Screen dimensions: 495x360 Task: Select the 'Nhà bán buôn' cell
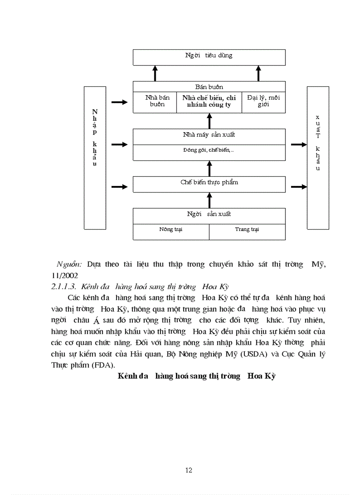point(154,101)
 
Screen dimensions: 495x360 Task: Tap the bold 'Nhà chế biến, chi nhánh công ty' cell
point(209,101)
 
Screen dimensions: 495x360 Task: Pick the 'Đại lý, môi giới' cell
point(263,101)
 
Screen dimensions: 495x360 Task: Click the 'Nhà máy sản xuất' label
point(209,135)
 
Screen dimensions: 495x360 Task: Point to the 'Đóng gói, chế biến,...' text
point(209,150)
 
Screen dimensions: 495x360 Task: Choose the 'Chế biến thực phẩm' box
point(209,182)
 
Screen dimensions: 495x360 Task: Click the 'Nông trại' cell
point(171,230)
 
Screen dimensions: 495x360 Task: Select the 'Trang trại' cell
point(247,230)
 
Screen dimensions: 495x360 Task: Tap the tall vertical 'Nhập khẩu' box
point(95,158)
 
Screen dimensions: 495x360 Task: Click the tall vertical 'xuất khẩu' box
point(318,158)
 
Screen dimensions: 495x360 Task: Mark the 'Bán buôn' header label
point(209,87)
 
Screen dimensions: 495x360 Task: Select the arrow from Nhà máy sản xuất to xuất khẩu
point(299,144)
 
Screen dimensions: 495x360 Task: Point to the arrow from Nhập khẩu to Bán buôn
point(119,102)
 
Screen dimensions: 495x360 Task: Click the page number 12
point(189,470)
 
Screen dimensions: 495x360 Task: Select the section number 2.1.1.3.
point(64,287)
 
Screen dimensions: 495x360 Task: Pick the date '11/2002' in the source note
point(64,275)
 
